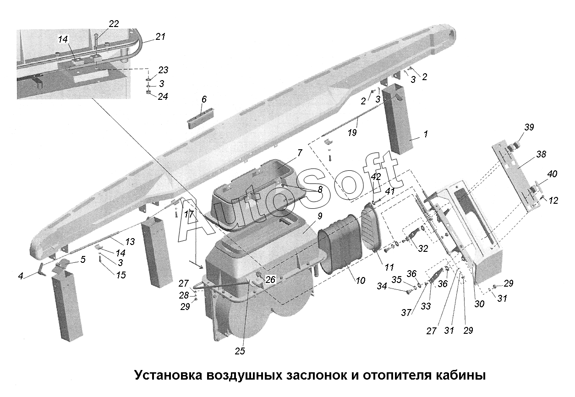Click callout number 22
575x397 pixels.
click(x=114, y=24)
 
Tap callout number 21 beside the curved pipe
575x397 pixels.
click(x=160, y=37)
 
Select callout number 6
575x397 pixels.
click(x=204, y=99)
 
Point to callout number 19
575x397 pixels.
click(x=352, y=133)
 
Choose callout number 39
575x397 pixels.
click(x=529, y=127)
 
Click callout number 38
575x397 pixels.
click(x=541, y=154)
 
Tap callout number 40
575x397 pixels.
click(x=552, y=174)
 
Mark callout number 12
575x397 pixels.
click(x=553, y=201)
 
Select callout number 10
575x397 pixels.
click(x=361, y=281)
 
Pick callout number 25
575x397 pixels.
click(x=240, y=351)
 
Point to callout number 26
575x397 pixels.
click(x=270, y=279)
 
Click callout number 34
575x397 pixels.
click(x=382, y=286)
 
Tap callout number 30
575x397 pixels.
click(x=479, y=304)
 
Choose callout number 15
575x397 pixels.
click(x=121, y=275)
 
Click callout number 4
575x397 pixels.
click(x=21, y=276)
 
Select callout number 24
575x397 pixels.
click(x=163, y=97)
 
